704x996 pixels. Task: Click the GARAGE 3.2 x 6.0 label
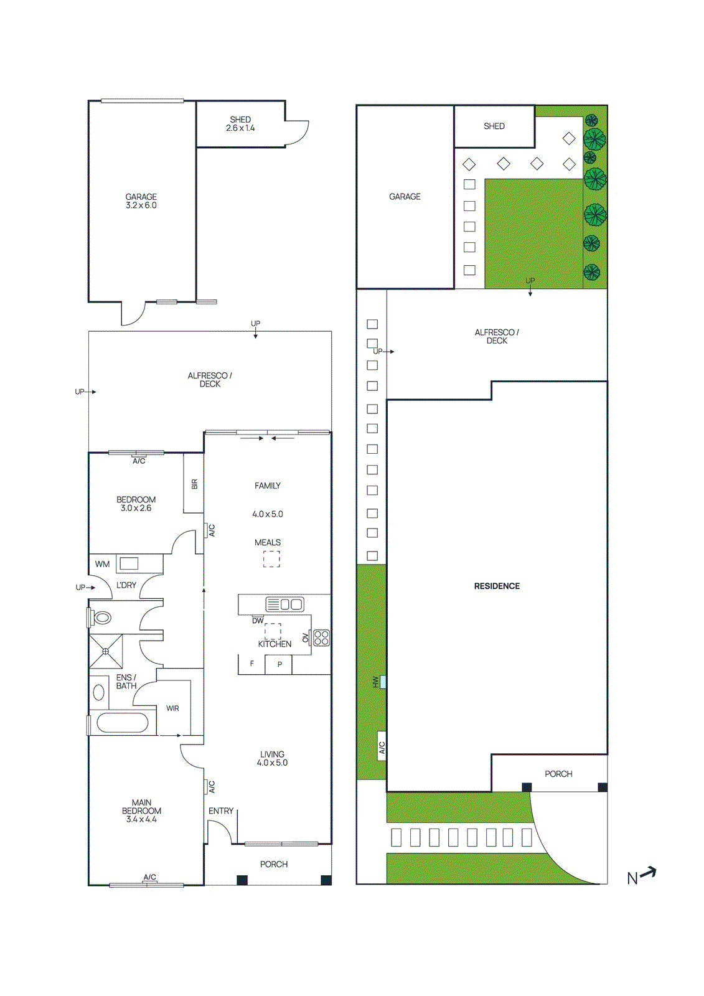click(x=141, y=201)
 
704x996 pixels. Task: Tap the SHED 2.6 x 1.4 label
click(x=240, y=124)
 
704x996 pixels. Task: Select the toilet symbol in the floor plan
click(x=101, y=618)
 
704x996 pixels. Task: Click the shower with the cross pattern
click(x=106, y=651)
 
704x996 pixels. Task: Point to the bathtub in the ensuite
click(x=123, y=723)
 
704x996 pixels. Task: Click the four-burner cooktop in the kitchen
click(x=321, y=637)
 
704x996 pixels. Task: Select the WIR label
click(x=172, y=708)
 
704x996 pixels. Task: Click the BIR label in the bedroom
click(x=194, y=484)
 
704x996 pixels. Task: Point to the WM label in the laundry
click(x=102, y=564)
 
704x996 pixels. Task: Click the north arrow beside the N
click(x=648, y=873)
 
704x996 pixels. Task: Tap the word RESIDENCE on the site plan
click(x=497, y=586)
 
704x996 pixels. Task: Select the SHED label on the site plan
click(x=494, y=126)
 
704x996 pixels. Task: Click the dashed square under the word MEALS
click(x=271, y=559)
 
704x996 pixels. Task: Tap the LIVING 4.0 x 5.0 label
click(x=272, y=758)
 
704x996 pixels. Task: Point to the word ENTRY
click(x=221, y=811)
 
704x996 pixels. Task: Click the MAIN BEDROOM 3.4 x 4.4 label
click(x=141, y=811)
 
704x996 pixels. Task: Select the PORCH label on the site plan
click(x=558, y=774)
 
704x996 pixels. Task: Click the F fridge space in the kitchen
click(x=251, y=664)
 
